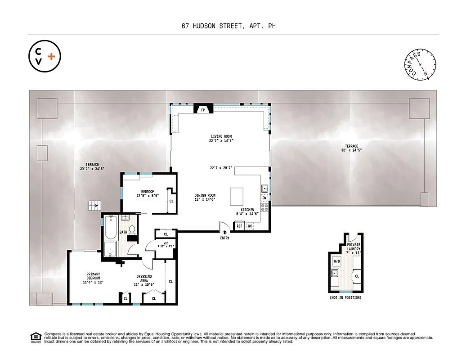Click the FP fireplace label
203,109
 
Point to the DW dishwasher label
264,198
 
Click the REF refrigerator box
239,226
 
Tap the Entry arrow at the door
225,232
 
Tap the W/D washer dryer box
337,261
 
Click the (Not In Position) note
345,298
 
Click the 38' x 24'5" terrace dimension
352,150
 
